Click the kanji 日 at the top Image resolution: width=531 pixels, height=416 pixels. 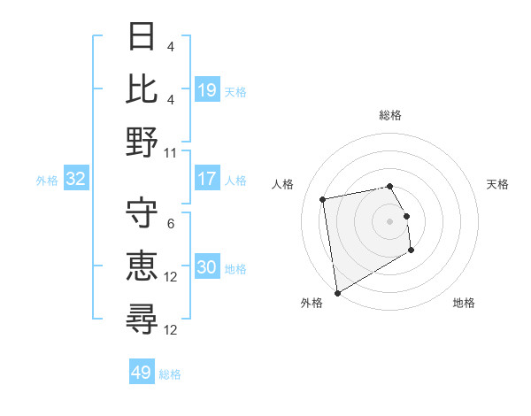[x=142, y=37]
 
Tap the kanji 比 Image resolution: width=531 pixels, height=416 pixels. [x=142, y=89]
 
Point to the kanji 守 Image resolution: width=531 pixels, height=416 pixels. [x=142, y=213]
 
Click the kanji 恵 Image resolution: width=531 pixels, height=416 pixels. [x=142, y=265]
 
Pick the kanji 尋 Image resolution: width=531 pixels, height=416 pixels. [x=142, y=318]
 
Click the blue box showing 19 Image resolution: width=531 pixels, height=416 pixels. [x=207, y=89]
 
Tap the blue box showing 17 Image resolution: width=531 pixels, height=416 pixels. [x=207, y=179]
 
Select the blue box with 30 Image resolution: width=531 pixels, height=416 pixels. [x=207, y=268]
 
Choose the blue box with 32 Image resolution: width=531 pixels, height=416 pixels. [x=76, y=179]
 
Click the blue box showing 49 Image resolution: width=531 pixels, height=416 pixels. [x=142, y=373]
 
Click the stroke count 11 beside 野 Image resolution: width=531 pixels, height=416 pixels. [x=171, y=152]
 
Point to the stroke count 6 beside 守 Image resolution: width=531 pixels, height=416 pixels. [x=171, y=224]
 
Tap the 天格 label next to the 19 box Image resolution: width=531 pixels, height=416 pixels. [x=236, y=91]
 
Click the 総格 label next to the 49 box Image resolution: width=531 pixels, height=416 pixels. [x=171, y=374]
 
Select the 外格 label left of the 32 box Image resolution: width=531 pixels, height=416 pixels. [x=47, y=181]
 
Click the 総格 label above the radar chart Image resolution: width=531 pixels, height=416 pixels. [x=389, y=115]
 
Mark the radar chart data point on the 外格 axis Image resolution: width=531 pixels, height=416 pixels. [x=337, y=292]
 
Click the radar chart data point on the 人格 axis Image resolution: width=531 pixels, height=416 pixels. [x=323, y=198]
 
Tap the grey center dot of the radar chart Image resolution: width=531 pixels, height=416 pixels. [x=389, y=220]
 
